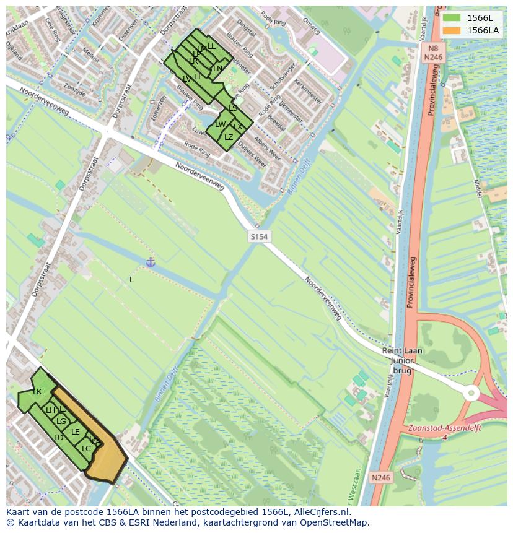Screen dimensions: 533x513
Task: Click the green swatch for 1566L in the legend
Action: click(x=452, y=18)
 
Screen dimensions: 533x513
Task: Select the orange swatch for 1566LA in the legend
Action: click(x=452, y=30)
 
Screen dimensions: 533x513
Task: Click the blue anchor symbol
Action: click(x=150, y=262)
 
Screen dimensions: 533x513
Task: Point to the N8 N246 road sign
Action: click(x=432, y=52)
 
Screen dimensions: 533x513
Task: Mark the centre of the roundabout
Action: click(x=471, y=393)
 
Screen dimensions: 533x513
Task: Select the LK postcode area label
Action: click(x=37, y=392)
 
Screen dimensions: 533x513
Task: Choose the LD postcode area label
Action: click(x=58, y=438)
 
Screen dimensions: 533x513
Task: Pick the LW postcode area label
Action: click(x=220, y=124)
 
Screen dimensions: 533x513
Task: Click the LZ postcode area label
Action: click(x=229, y=137)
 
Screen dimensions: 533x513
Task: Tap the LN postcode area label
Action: click(x=217, y=69)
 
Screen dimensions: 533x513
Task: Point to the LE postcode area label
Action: click(x=76, y=432)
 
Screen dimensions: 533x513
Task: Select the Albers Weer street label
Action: click(x=268, y=150)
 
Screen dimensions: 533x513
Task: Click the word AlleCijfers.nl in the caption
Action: click(x=322, y=512)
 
